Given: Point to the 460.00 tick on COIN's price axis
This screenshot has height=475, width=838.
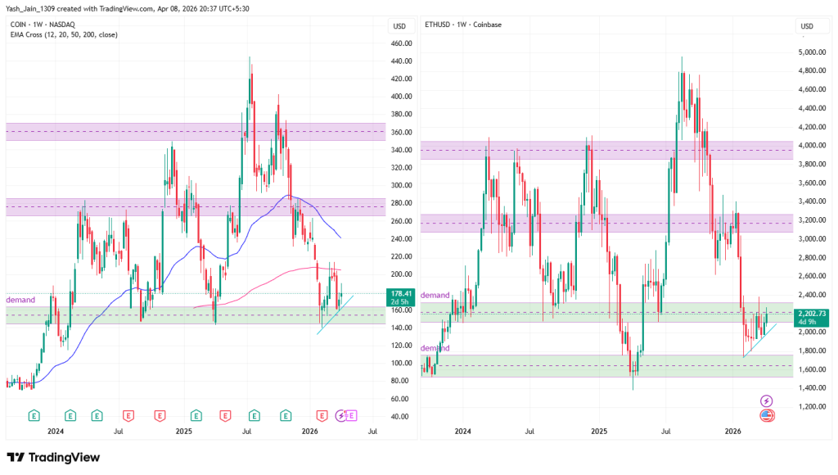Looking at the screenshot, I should point(400,43).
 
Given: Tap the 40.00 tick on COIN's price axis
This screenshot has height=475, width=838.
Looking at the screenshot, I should point(399,417).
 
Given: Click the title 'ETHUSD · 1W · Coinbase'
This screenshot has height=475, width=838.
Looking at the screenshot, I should point(463,25).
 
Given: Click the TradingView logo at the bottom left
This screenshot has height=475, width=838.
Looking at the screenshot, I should point(53,457).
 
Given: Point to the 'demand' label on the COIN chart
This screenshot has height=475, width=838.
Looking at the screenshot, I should point(20,301).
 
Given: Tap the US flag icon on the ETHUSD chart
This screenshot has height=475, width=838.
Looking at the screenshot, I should point(767,415).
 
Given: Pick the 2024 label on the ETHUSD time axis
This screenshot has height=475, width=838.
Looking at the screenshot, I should point(462,430).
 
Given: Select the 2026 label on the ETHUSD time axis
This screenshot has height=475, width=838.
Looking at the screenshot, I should point(732,430).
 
